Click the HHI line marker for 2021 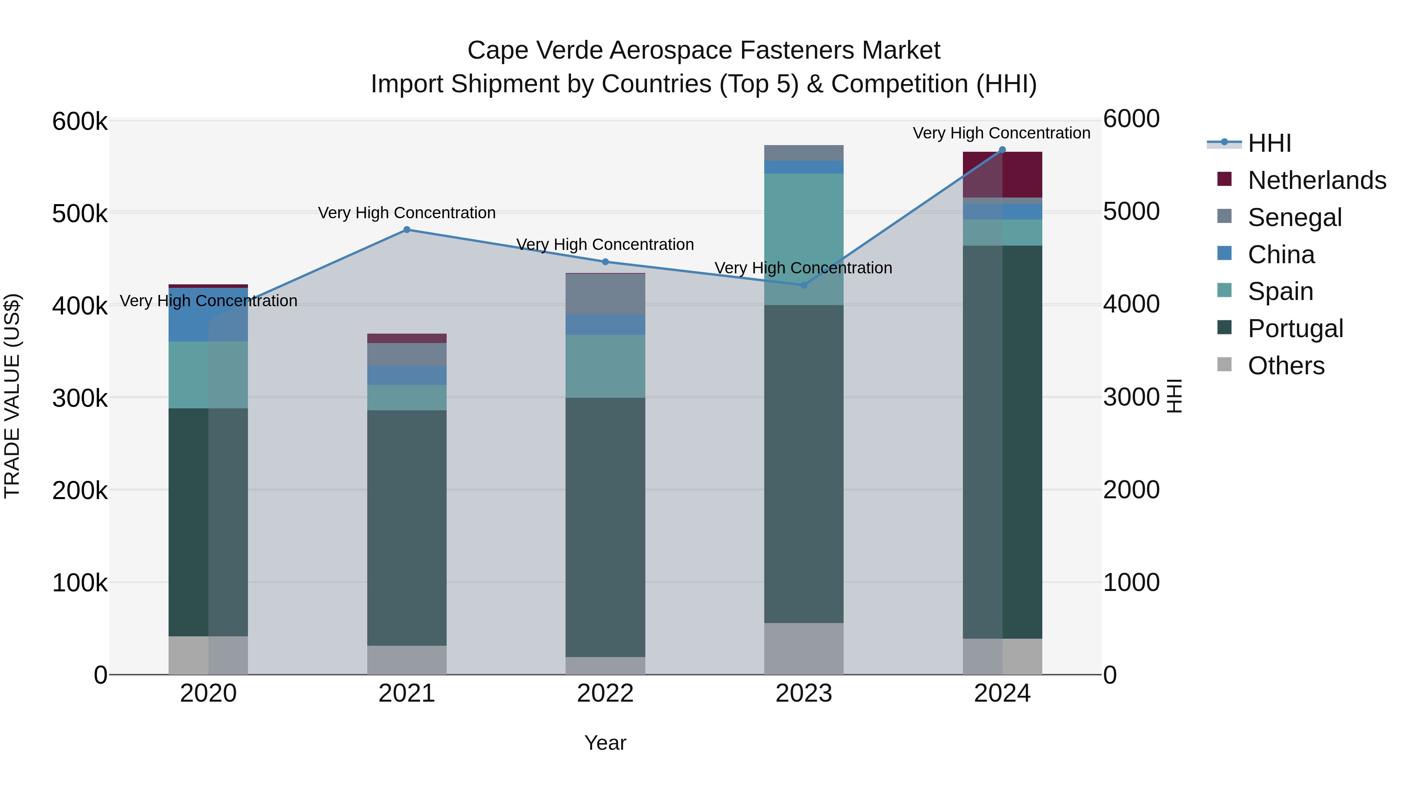[x=407, y=230]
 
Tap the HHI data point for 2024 [x=1002, y=150]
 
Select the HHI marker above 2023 [x=803, y=285]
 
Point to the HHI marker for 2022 [x=605, y=262]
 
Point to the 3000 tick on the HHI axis [x=1131, y=397]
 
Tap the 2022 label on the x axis [x=605, y=693]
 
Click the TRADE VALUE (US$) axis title [x=13, y=396]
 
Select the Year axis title [x=605, y=743]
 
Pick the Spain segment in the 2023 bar [x=803, y=239]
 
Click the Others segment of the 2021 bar [x=407, y=660]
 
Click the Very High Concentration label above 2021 [x=407, y=213]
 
